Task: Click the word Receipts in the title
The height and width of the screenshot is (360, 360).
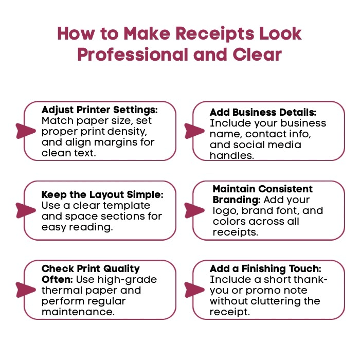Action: [x=219, y=33]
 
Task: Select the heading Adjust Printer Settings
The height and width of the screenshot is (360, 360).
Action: [x=99, y=110]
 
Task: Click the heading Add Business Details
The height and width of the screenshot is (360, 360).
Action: [x=262, y=112]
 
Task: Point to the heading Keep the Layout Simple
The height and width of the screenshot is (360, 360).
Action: [x=102, y=195]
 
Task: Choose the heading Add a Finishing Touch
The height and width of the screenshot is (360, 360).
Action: [x=265, y=269]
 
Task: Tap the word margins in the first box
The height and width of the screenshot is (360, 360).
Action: [x=114, y=142]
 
